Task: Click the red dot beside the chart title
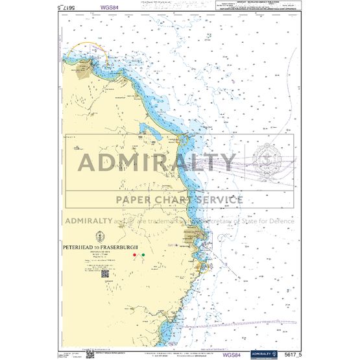point(135,255)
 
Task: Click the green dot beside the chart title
point(143,255)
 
